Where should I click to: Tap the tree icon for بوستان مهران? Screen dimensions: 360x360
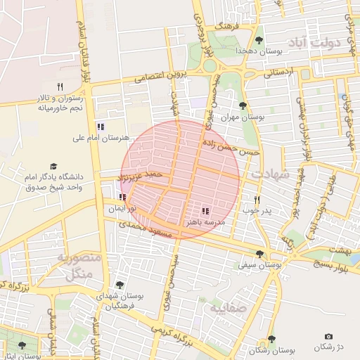tap(243, 106)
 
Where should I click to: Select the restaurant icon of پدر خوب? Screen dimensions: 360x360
tap(257, 200)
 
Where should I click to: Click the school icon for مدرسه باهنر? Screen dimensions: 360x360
tap(205, 211)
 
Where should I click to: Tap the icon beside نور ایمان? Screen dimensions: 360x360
tap(124, 198)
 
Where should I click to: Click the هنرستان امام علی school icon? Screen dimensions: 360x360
tap(101, 127)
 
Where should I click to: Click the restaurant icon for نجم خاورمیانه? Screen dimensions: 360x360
tap(60, 86)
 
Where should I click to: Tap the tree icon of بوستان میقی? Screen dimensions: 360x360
tap(259, 255)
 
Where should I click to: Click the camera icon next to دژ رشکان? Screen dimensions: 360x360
tap(328, 337)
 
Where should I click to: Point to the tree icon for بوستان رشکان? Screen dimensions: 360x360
tap(271, 339)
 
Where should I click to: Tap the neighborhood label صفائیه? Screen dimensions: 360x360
tap(226, 307)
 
